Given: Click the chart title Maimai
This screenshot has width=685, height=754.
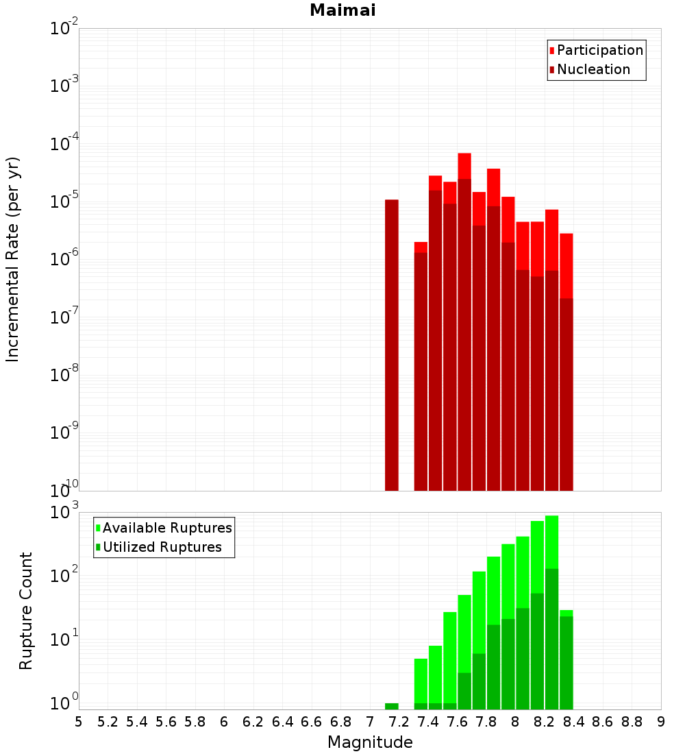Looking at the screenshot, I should (342, 11).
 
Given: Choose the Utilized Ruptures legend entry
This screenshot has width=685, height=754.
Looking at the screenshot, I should (162, 547).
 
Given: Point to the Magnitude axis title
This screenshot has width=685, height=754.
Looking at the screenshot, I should (370, 742).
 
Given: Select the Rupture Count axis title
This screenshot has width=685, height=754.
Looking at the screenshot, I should (26, 611).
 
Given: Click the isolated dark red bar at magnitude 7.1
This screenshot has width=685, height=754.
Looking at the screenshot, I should (392, 343).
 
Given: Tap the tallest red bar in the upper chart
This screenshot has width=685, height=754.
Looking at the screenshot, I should (464, 165).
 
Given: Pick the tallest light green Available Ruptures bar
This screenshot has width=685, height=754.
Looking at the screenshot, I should (552, 542).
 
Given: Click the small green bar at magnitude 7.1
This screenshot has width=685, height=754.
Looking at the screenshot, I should (392, 706).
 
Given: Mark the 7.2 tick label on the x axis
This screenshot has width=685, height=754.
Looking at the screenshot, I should (399, 722).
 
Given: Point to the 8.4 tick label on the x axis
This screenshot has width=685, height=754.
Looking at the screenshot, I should (573, 722).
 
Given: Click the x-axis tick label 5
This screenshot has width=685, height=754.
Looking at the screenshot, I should (79, 722).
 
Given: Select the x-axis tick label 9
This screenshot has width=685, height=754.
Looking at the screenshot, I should (661, 722).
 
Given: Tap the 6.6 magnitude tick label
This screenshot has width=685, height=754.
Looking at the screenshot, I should (311, 722).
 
